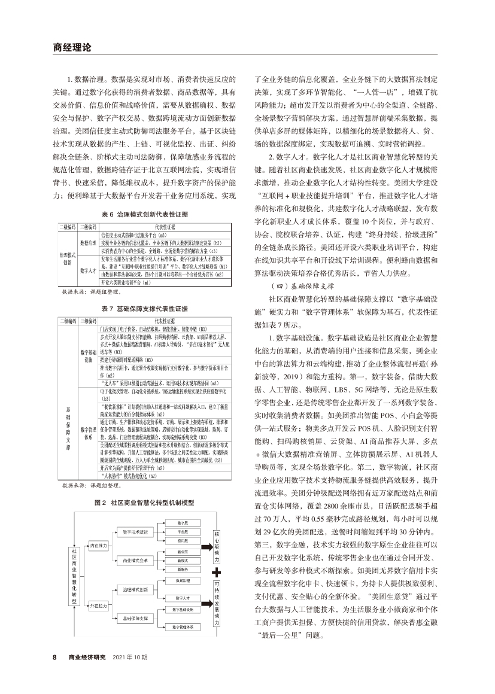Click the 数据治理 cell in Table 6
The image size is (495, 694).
click(89, 243)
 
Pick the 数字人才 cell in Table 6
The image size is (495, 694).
click(89, 270)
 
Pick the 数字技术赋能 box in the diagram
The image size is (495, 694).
click(135, 532)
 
